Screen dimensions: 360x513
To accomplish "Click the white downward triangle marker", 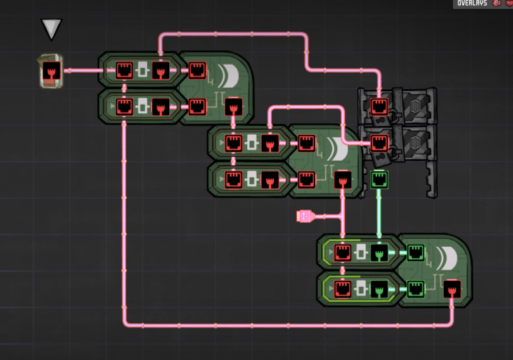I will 51,29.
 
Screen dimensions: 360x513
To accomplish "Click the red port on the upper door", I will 379,106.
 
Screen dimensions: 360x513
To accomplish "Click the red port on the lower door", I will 379,142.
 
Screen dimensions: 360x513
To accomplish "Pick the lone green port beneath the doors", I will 379,178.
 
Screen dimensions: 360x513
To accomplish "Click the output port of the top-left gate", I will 233,107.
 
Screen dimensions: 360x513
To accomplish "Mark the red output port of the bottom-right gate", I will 452,289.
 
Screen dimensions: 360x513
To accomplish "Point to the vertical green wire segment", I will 379,213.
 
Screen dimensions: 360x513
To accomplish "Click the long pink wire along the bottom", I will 286,325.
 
